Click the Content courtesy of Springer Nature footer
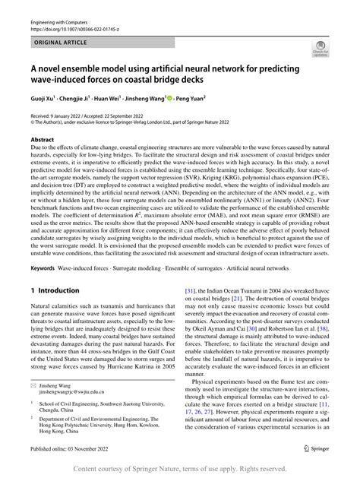point(180,467)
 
